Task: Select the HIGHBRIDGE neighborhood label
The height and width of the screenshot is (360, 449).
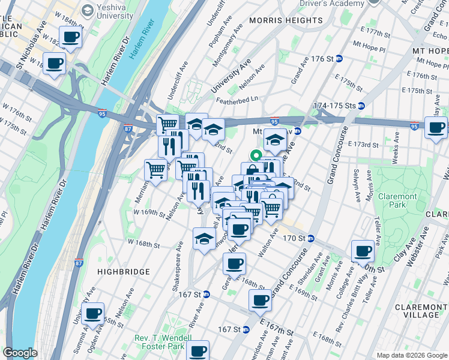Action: pyautogui.click(x=122, y=272)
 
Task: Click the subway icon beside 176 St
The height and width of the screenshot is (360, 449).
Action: pyautogui.click(x=339, y=59)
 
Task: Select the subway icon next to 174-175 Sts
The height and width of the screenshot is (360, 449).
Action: pyautogui.click(x=361, y=106)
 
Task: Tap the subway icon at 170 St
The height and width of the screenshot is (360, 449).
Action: pyautogui.click(x=310, y=238)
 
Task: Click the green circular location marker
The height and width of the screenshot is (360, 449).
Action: pyautogui.click(x=256, y=155)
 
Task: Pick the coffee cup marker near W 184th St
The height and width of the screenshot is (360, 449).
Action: pyautogui.click(x=71, y=37)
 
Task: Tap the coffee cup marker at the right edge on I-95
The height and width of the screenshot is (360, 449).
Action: pyautogui.click(x=436, y=127)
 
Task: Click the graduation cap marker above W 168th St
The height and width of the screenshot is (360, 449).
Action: pyautogui.click(x=204, y=239)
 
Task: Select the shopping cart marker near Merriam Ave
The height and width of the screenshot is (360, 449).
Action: pyautogui.click(x=155, y=170)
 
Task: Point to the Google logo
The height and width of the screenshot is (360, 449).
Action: pyautogui.click(x=20, y=353)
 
